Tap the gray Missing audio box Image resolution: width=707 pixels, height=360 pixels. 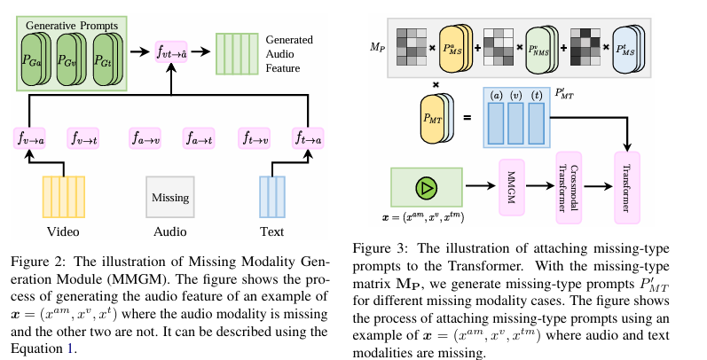(170, 197)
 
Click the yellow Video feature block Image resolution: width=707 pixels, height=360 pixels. (64, 197)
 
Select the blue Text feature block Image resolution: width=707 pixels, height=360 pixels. (271, 197)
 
